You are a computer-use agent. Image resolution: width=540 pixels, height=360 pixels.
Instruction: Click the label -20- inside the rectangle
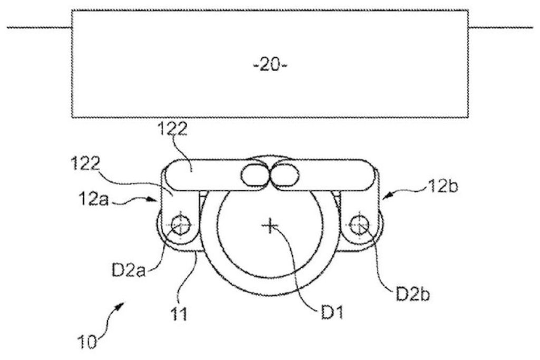pyautogui.click(x=269, y=67)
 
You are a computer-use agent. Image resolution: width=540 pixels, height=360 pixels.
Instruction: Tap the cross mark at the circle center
pyautogui.click(x=269, y=226)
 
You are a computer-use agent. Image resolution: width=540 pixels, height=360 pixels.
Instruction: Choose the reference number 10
pyautogui.click(x=88, y=343)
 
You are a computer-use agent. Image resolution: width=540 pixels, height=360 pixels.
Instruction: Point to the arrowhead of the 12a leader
pyautogui.click(x=157, y=200)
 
